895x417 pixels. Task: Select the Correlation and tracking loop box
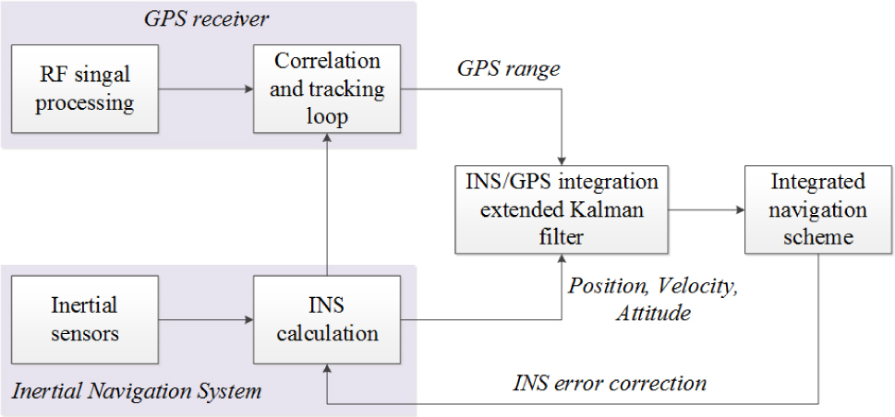[x=328, y=89]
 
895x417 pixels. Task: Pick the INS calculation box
[x=328, y=319]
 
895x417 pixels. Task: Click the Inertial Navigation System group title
[x=138, y=391]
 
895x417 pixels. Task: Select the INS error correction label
[x=610, y=381]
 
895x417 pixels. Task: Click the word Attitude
[x=652, y=313]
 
